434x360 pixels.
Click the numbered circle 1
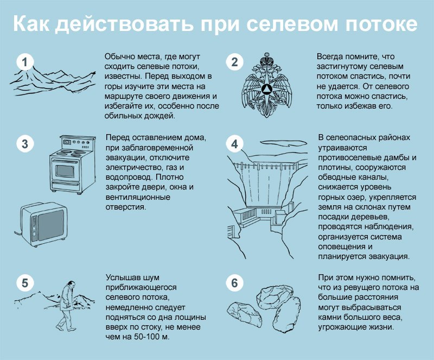pos(24,62)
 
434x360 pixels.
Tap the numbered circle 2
pos(234,62)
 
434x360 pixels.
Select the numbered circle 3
pos(24,144)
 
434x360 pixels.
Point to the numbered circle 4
pos(234,144)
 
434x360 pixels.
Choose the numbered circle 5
pos(24,283)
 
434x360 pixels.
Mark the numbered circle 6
pos(234,283)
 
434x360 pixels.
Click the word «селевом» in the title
pos(292,24)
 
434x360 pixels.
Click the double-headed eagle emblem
pos(266,85)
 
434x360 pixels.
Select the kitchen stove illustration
pos(73,165)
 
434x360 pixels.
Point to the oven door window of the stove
pos(66,170)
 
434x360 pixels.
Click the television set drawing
pos(44,224)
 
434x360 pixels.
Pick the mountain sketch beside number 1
pos(53,81)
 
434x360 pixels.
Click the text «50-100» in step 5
pos(146,337)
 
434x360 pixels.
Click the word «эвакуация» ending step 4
pos(389,256)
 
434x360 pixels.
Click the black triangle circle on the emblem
pos(266,89)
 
